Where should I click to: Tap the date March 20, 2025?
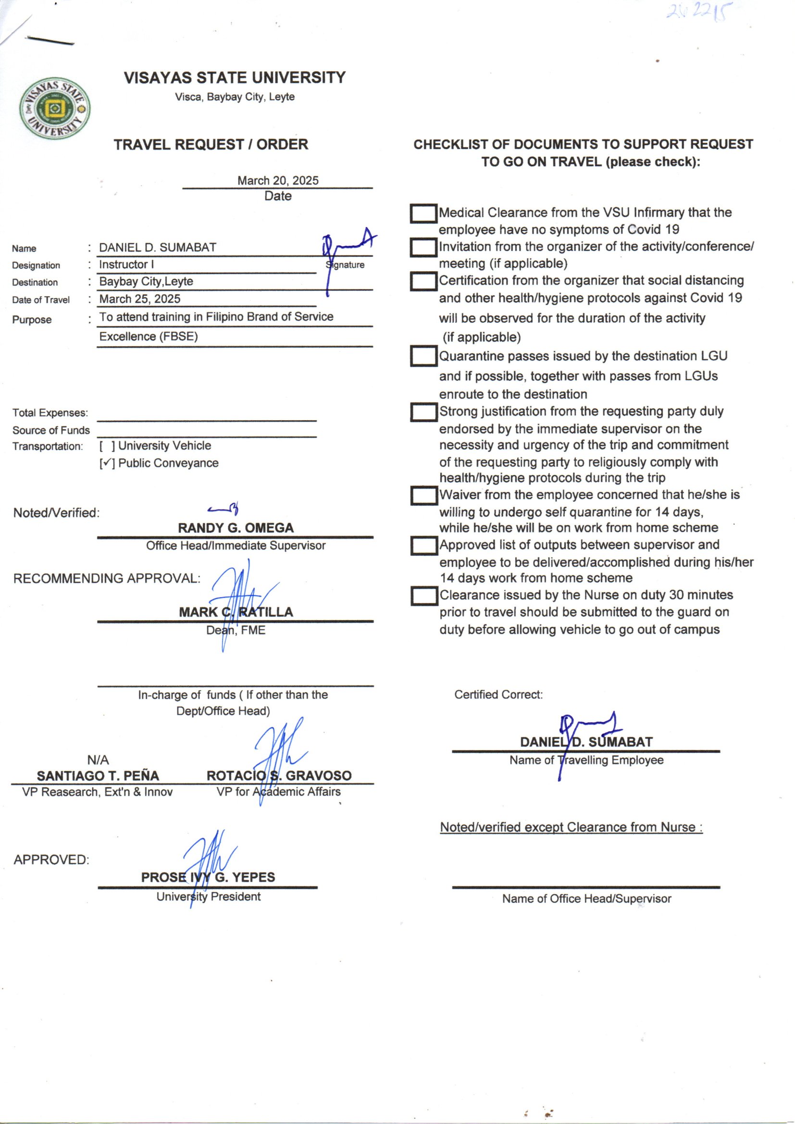pyautogui.click(x=277, y=181)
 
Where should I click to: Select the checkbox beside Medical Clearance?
pyautogui.click(x=423, y=214)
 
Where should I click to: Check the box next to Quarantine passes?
pyautogui.click(x=423, y=356)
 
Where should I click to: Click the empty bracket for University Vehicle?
pyautogui.click(x=107, y=446)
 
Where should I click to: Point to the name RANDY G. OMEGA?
pyautogui.click(x=236, y=528)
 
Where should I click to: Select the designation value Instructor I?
pyautogui.click(x=126, y=265)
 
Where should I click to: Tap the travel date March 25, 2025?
pyautogui.click(x=139, y=299)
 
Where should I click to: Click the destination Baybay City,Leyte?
pyautogui.click(x=146, y=282)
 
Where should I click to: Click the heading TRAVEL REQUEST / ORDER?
pyautogui.click(x=211, y=145)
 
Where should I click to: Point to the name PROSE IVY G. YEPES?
pyautogui.click(x=208, y=877)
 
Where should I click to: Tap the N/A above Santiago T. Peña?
pyautogui.click(x=98, y=760)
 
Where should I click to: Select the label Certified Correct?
pyautogui.click(x=498, y=695)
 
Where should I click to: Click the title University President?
pyautogui.click(x=209, y=897)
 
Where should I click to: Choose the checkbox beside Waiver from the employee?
pyautogui.click(x=423, y=496)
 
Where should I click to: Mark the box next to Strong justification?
pyautogui.click(x=423, y=412)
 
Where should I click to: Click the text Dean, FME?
pyautogui.click(x=236, y=630)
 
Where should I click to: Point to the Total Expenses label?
pyautogui.click(x=50, y=413)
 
